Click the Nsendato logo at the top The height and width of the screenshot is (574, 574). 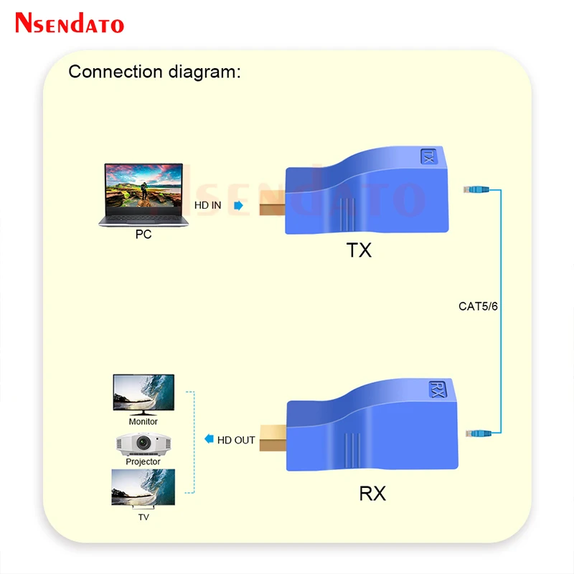tap(70, 23)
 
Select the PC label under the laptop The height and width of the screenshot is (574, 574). tap(143, 234)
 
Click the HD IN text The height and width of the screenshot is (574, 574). tap(210, 205)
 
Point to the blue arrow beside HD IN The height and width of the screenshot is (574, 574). tap(238, 205)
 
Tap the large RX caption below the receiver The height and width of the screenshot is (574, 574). tap(372, 494)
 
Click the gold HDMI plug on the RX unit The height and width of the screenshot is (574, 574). tap(273, 438)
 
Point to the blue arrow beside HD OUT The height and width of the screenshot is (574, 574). tap(209, 439)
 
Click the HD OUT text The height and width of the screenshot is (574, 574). tap(237, 440)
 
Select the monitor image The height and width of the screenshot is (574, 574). tap(143, 394)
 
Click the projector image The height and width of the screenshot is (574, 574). tap(143, 444)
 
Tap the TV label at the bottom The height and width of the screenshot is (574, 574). tap(143, 516)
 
